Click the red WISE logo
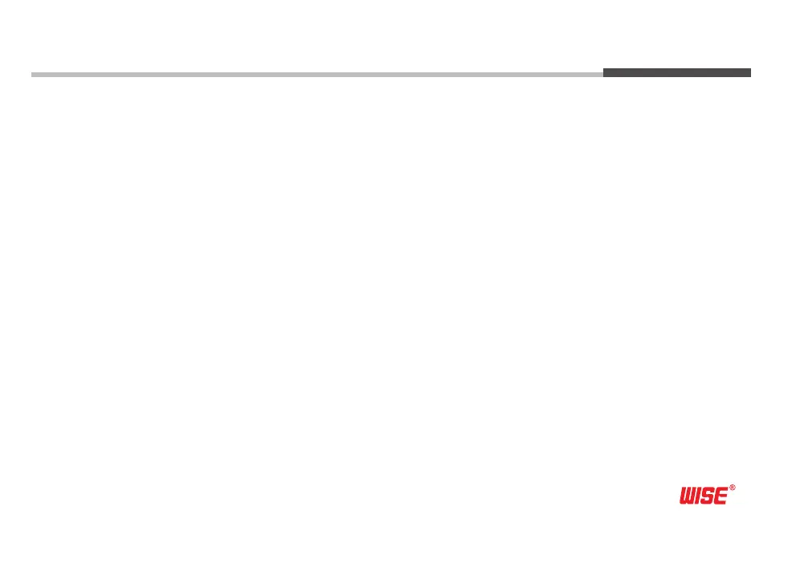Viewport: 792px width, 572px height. [x=704, y=496]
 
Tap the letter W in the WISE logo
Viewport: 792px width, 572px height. [x=690, y=496]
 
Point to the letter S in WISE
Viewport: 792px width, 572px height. [x=709, y=496]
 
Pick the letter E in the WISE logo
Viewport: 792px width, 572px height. [x=720, y=496]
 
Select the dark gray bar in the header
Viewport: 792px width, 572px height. [x=677, y=72]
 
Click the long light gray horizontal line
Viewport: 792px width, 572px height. [x=317, y=75]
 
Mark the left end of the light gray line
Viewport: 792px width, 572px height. [x=33, y=75]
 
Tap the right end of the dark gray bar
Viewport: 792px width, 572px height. [x=749, y=72]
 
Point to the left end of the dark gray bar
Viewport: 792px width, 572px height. [x=605, y=72]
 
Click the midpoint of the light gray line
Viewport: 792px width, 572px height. [x=317, y=75]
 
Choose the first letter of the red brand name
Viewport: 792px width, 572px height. [x=690, y=496]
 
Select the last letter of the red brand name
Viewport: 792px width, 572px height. [x=720, y=496]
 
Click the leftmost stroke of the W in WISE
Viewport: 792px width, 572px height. [x=684, y=496]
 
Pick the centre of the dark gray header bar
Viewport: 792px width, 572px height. [x=677, y=72]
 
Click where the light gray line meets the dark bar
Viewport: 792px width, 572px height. [x=603, y=74]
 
